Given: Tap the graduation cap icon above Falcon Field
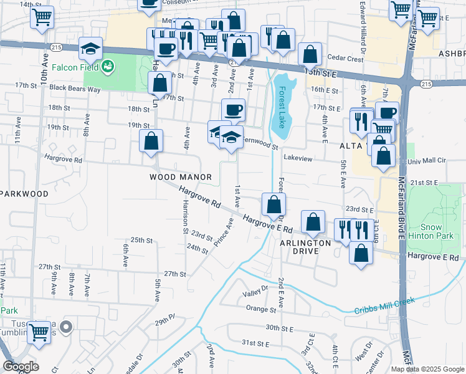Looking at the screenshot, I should pyautogui.click(x=90, y=48).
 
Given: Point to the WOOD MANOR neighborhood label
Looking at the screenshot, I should pyautogui.click(x=176, y=177).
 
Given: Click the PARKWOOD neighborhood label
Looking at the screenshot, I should pyautogui.click(x=24, y=194).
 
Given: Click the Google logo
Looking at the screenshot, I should pyautogui.click(x=21, y=367).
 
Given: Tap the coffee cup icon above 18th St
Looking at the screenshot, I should pyautogui.click(x=233, y=110).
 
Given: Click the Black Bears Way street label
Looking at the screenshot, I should pyautogui.click(x=75, y=89).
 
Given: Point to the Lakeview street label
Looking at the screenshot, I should pyautogui.click(x=298, y=159).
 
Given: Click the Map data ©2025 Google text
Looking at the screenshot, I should pyautogui.click(x=427, y=369).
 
